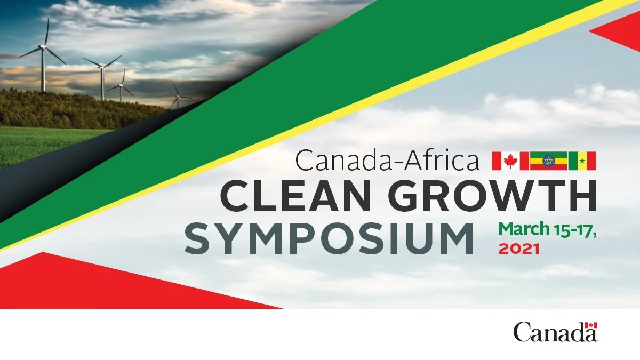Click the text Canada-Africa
pyautogui.click(x=387, y=160)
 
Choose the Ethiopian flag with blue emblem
pyautogui.click(x=548, y=161)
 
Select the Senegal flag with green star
pyautogui.click(x=582, y=161)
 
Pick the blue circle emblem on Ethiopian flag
pyautogui.click(x=548, y=161)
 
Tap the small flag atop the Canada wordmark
pyautogui.click(x=591, y=325)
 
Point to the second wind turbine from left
pyautogui.click(x=102, y=75)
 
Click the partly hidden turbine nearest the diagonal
pyautogui.click(x=177, y=99)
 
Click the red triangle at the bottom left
pyautogui.click(x=107, y=285)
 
